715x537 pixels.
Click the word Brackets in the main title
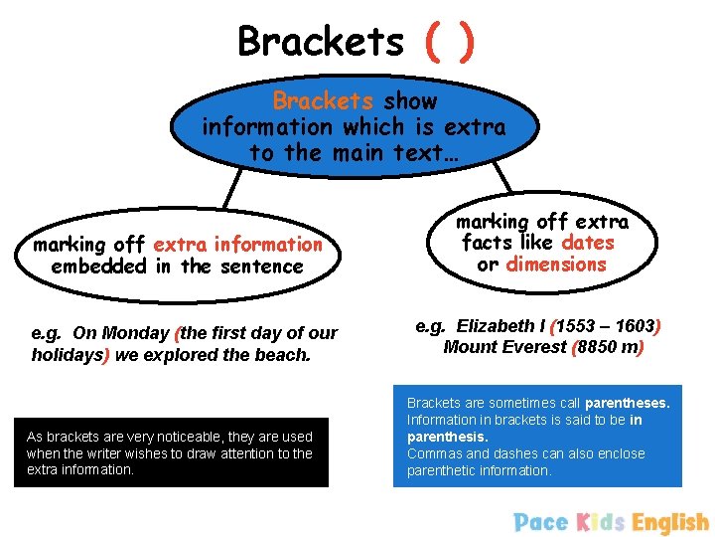321,42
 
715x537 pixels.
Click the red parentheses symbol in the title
450,42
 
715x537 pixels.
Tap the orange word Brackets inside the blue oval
323,101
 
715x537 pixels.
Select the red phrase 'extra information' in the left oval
237,244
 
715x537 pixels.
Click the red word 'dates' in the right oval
588,242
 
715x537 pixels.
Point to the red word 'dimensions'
556,265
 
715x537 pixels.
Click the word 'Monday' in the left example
136,333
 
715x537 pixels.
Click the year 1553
578,325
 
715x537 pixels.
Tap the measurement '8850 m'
610,347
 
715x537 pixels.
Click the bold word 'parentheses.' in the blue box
627,403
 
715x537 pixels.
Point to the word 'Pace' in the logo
541,522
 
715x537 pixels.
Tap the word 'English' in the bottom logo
670,522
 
